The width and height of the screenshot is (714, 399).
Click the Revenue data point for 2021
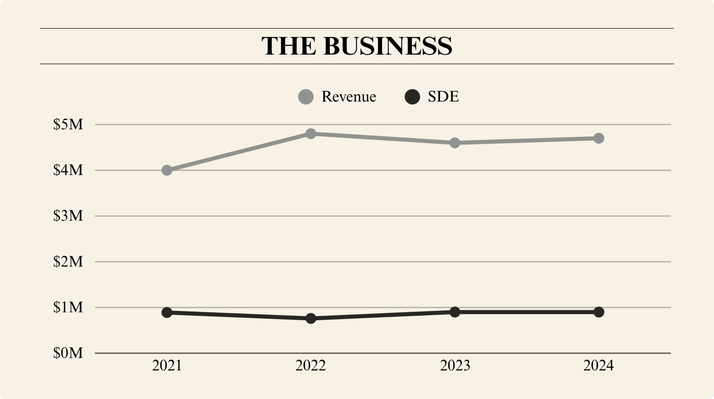point(167,170)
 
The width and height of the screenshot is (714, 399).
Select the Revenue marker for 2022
point(311,134)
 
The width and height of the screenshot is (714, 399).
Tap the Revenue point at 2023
point(455,143)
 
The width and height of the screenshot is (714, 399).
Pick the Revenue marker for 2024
point(599,138)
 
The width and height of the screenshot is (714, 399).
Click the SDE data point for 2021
point(167,312)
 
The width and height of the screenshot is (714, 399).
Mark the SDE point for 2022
point(311,318)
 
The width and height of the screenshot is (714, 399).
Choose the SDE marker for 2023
point(455,312)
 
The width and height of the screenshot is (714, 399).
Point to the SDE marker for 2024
point(599,312)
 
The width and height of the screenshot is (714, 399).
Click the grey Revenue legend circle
point(306,97)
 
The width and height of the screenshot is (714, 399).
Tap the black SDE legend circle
point(412,97)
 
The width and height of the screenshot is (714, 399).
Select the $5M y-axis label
point(68,124)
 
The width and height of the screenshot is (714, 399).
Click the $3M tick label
point(68,216)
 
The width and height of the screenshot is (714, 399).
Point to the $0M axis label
point(68,353)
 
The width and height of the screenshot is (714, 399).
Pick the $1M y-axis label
point(68,307)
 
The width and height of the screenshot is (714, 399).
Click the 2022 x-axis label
point(310,365)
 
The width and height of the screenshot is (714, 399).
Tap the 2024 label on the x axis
point(599,365)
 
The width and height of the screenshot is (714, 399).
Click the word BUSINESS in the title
point(388,46)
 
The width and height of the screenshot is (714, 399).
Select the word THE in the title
point(289,46)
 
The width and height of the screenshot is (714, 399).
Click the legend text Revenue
point(349,97)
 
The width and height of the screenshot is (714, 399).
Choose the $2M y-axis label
point(68,262)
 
